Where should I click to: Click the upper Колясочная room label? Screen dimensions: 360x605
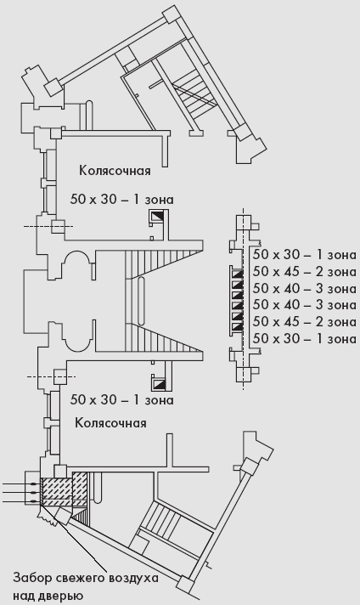(x=115, y=171)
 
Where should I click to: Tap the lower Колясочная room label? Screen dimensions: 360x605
(x=110, y=423)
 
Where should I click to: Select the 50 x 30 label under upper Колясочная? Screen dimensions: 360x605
(x=121, y=200)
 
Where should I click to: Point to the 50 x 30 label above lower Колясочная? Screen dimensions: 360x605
(x=121, y=400)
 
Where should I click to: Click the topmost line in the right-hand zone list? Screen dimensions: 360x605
(x=305, y=255)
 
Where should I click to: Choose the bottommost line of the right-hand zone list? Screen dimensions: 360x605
(x=305, y=339)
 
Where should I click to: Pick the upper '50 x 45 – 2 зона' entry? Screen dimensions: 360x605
(x=305, y=272)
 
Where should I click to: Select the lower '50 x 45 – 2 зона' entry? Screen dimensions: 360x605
(x=305, y=322)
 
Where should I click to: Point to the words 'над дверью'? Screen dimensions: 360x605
(x=48, y=596)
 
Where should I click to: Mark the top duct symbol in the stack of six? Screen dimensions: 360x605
(x=237, y=274)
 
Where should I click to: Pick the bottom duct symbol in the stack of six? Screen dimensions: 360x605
(x=237, y=328)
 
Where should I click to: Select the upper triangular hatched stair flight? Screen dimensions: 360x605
(x=164, y=265)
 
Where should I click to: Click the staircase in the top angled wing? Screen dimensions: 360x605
(x=194, y=93)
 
